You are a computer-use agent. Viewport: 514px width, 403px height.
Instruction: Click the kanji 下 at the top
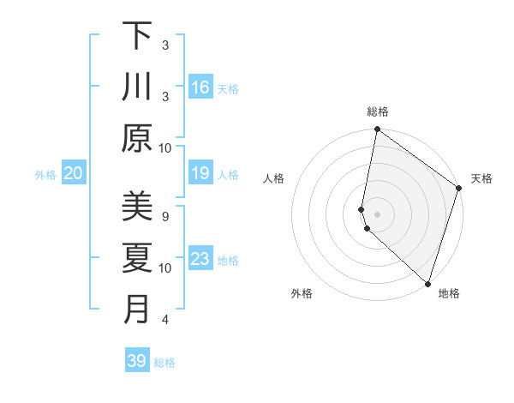(x=137, y=36)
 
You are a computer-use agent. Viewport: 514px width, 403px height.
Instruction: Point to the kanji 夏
(x=137, y=258)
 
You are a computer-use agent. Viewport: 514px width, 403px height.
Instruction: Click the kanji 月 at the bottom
(x=137, y=310)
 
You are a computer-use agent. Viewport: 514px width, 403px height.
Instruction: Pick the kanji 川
(x=137, y=87)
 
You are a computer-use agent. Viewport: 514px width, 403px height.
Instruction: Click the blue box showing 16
(x=200, y=87)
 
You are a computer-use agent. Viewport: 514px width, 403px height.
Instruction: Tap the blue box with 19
(x=200, y=174)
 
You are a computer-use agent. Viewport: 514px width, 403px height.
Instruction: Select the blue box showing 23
(x=200, y=259)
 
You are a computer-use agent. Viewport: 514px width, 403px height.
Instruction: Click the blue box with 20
(x=74, y=174)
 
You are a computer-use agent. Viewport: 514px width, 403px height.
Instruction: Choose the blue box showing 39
(x=137, y=361)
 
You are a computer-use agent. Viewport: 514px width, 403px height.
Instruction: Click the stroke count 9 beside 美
(x=165, y=216)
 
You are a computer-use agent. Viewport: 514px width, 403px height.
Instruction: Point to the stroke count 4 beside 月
(x=165, y=320)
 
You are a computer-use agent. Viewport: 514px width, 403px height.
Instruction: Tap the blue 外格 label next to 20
(x=45, y=175)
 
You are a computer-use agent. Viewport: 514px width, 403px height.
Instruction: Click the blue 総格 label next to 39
(x=164, y=363)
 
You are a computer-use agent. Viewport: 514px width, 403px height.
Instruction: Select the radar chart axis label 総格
(x=378, y=111)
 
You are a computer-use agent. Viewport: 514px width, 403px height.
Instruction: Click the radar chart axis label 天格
(x=481, y=178)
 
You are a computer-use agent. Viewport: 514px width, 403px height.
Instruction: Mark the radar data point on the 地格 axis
(x=427, y=283)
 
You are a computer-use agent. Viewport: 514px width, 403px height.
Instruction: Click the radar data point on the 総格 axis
(x=377, y=130)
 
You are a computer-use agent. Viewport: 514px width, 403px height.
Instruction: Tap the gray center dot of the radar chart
(x=378, y=213)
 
